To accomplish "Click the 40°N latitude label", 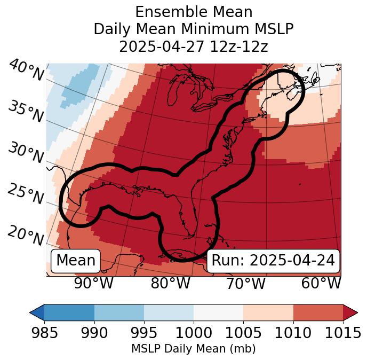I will (x=26, y=71).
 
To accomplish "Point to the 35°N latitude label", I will (x=26, y=112).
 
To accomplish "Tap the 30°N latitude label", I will (x=26, y=153).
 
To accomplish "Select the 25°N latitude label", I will (x=26, y=194).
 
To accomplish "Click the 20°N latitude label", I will (x=26, y=236).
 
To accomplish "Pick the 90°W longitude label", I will (x=93, y=284).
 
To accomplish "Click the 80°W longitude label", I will (x=170, y=284).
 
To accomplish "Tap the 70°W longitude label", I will (x=245, y=284).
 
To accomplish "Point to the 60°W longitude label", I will (x=321, y=284).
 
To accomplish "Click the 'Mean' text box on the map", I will (x=76, y=261).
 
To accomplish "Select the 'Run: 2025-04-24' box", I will (x=273, y=261).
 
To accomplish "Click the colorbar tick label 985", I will (x=44, y=333).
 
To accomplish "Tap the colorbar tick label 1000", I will (x=194, y=333).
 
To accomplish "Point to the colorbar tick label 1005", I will (x=243, y=333).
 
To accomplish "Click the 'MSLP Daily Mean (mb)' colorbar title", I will (x=193, y=349).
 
